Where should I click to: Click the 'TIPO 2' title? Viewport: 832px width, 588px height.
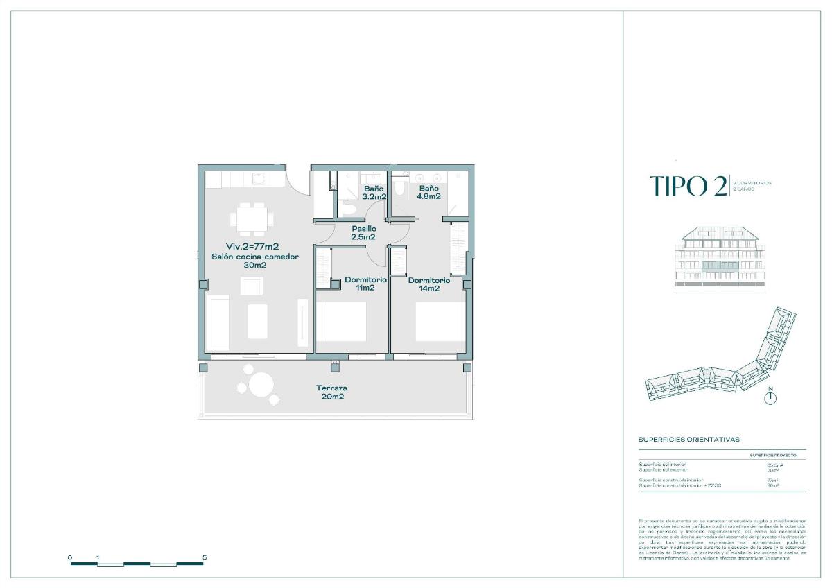[x=687, y=187]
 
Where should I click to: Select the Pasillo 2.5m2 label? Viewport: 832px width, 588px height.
[x=363, y=232]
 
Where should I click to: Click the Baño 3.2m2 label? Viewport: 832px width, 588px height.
[x=373, y=192]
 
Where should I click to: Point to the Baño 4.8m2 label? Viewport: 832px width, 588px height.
[x=428, y=192]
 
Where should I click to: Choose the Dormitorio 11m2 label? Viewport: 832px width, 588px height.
[x=365, y=284]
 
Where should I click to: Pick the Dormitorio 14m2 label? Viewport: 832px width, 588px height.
[x=428, y=284]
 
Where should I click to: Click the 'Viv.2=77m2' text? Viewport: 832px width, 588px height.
[x=252, y=246]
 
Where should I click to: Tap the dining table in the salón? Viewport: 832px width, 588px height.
[x=252, y=218]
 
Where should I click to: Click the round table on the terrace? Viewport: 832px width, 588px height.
[x=261, y=385]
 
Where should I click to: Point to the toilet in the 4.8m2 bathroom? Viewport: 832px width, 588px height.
[x=399, y=188]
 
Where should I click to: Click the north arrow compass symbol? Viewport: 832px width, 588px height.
[x=770, y=397]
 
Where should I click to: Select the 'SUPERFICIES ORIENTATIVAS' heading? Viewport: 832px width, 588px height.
[x=688, y=440]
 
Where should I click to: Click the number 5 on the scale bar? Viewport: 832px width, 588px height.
[x=204, y=557]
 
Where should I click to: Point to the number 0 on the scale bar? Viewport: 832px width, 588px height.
[x=70, y=557]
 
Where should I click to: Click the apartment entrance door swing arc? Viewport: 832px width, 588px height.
[x=298, y=182]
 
